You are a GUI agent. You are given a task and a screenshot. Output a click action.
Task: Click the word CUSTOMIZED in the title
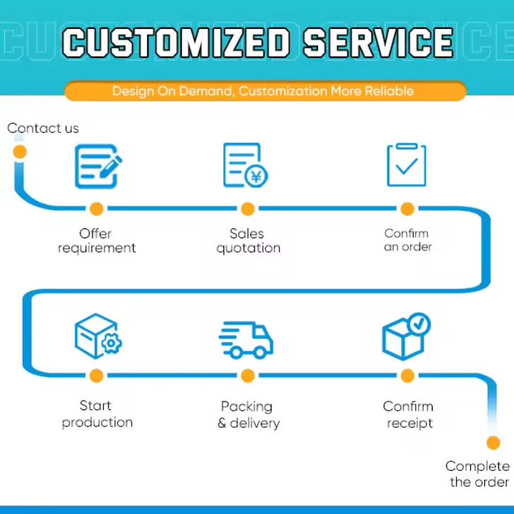coord(176,42)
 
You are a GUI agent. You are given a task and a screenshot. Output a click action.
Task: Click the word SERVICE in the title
coord(378,42)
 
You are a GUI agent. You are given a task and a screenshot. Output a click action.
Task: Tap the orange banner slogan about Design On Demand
coord(263,90)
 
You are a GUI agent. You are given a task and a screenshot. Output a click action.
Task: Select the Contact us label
coord(43,128)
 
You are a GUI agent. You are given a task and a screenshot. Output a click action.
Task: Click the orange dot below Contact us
coord(20,152)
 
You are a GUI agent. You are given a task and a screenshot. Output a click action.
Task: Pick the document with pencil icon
coord(98,167)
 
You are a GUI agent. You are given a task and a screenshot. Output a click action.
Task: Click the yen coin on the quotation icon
coord(256,176)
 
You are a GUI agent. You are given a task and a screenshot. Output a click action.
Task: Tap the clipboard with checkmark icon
coord(407,165)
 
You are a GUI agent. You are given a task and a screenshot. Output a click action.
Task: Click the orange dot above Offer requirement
coord(96,209)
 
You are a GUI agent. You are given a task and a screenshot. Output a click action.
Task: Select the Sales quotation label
coord(248,241)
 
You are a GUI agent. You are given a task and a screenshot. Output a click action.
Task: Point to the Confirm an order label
coord(407,240)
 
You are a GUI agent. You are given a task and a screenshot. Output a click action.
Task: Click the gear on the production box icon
coord(112,343)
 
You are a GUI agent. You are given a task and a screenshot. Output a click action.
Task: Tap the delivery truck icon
coord(246,340)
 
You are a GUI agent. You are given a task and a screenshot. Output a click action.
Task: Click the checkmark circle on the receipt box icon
coord(419,324)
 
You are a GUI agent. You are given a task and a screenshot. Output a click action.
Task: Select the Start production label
coord(97,414)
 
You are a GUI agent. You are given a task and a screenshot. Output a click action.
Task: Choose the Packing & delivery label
coord(248,415)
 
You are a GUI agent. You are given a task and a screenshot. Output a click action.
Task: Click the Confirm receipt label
coord(408,415)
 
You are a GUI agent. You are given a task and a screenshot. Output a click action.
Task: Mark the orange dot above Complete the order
coord(493,443)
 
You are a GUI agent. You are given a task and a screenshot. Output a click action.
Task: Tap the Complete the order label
coord(478,474)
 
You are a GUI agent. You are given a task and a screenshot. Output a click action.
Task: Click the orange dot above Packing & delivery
coord(247,375)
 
